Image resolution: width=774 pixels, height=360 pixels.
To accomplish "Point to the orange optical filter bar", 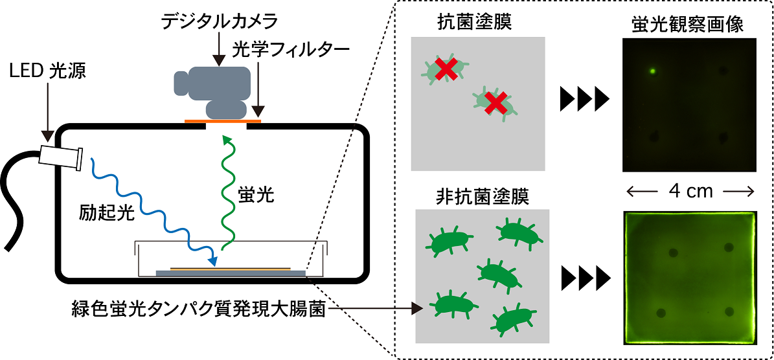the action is [223, 120].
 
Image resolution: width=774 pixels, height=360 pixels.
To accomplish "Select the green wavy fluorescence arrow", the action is [227, 192].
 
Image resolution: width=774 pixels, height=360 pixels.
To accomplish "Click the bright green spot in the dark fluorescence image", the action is [653, 71].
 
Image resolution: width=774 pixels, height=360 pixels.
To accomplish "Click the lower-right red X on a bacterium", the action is [495, 102].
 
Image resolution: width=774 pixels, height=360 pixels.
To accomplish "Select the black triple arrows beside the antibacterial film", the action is [584, 100].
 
